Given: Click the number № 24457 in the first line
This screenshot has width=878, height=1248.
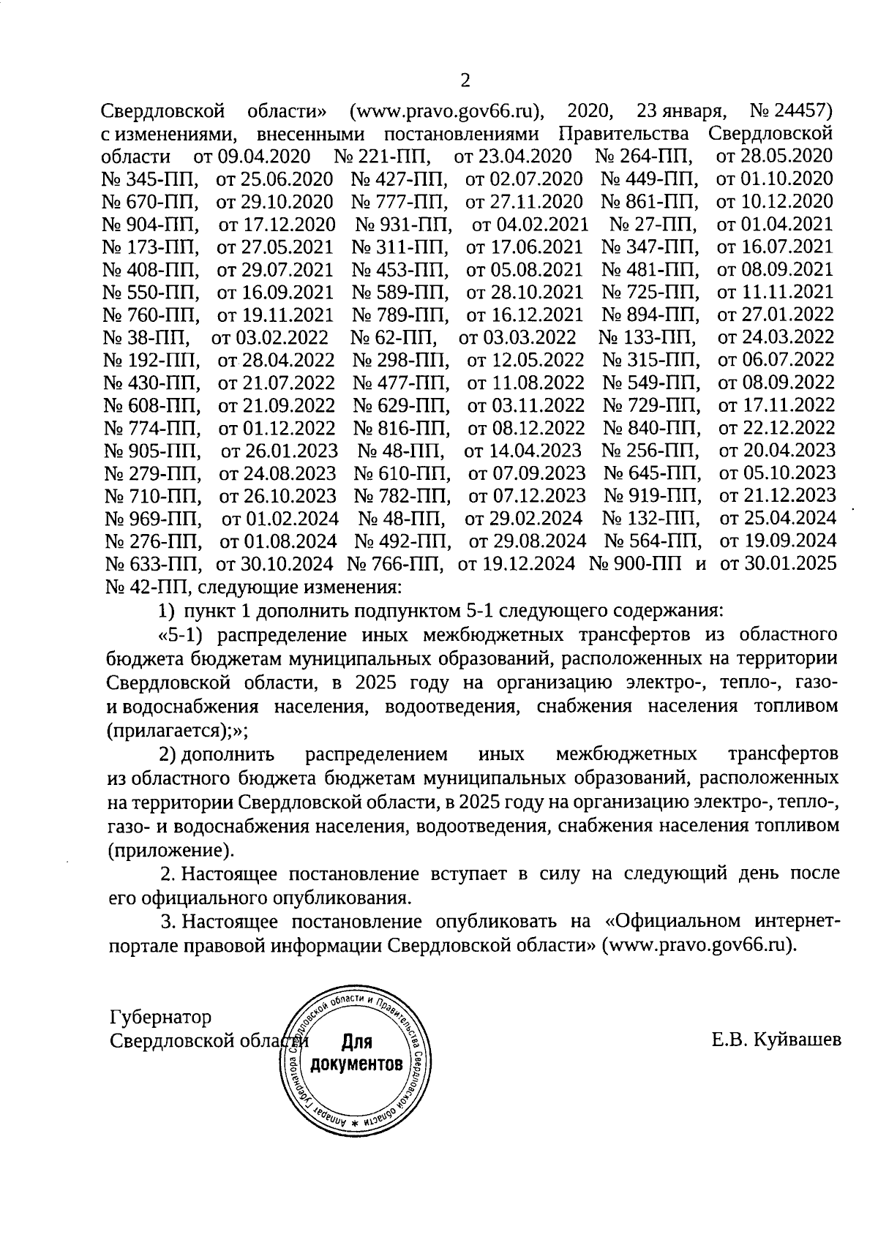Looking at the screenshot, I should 792,112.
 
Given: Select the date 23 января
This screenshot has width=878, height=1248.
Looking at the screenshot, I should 681,112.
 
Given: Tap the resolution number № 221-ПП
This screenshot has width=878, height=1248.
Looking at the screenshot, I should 381,157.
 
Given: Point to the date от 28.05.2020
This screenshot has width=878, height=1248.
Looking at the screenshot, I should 775,157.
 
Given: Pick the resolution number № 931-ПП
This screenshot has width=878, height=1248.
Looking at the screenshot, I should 403,225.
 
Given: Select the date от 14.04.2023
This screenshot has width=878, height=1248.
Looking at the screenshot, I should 522,451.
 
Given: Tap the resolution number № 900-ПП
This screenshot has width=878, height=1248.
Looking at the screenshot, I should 636,564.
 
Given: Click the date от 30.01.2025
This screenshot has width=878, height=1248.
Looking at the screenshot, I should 778,564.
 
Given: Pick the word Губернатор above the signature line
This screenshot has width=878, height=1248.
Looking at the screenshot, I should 160,1018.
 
